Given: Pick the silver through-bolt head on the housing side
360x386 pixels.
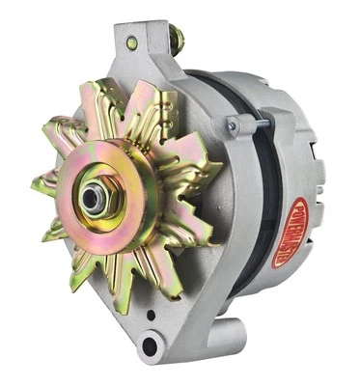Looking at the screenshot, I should click(x=232, y=124).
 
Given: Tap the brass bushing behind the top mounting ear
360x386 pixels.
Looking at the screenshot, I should click(x=177, y=41).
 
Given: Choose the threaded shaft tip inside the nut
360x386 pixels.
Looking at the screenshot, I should click(x=93, y=197).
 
